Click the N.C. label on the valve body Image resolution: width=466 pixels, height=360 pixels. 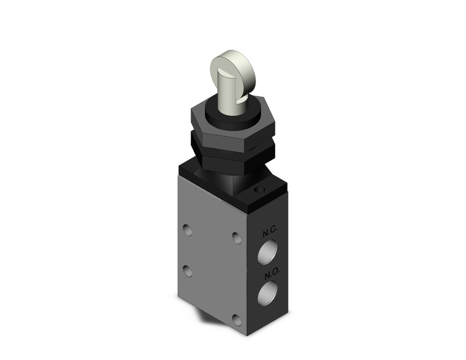pyautogui.click(x=270, y=234)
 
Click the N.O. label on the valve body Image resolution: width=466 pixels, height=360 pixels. pyautogui.click(x=270, y=270)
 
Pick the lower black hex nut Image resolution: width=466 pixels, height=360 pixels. pyautogui.click(x=237, y=159)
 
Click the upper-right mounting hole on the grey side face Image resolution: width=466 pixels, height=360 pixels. pyautogui.click(x=237, y=237)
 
